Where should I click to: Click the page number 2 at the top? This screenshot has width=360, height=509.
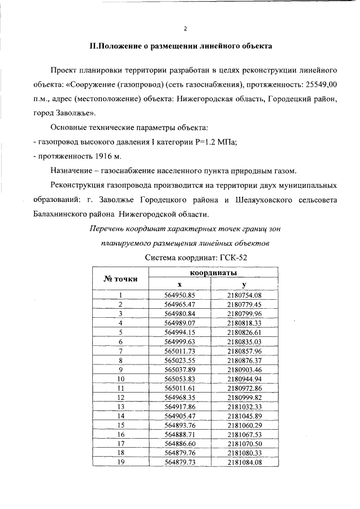(x=185, y=28)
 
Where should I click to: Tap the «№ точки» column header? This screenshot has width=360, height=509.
(x=120, y=279)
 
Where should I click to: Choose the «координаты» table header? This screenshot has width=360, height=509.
(x=211, y=272)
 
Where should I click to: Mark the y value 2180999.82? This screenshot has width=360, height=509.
(x=244, y=398)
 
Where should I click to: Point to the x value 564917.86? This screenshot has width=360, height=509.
(x=179, y=407)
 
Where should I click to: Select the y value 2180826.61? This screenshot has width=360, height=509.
(x=244, y=332)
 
